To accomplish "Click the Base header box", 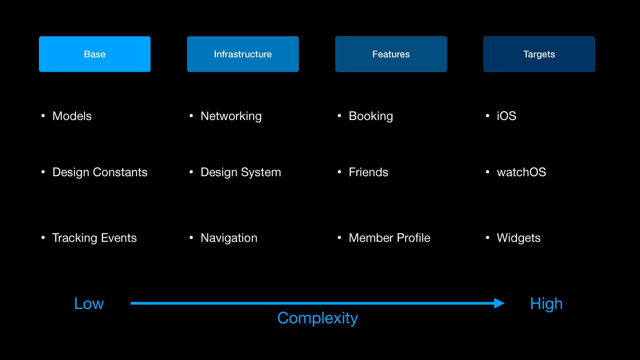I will coord(95,54).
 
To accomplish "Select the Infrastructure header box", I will coord(243,54).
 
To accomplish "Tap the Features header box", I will coord(391,54).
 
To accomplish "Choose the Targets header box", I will coord(539,54).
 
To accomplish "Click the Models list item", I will coord(72,116).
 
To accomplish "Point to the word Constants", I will coord(120,172).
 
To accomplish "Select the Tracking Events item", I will coord(94,238).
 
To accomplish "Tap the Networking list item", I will coord(231,116).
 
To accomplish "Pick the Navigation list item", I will coord(229,238).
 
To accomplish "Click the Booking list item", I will coord(371,116).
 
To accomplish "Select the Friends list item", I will coord(368,172).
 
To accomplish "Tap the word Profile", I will coord(413,238).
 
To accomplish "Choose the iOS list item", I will coord(506,116).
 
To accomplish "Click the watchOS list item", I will coord(521,172).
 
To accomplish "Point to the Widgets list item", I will coord(519,238).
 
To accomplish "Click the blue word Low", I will coord(89,304).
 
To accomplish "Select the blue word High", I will coord(546,304).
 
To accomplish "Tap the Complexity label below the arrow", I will coord(317,318).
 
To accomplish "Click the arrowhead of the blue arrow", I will coord(499,303).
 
